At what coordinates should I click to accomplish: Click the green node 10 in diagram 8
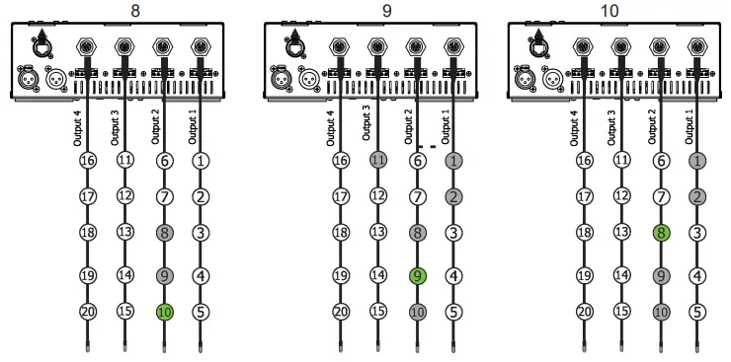164,312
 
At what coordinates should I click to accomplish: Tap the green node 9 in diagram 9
417,276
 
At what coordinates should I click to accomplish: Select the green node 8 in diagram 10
660,234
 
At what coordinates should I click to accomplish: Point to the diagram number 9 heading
387,10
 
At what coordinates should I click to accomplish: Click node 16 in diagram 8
88,160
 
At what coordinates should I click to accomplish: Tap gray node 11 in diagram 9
377,160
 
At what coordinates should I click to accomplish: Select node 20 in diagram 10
584,312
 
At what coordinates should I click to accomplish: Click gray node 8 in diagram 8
164,234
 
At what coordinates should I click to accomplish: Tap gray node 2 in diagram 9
453,197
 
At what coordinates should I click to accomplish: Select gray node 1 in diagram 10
696,160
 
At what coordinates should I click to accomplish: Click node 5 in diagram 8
201,312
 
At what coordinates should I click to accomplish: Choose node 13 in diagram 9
377,234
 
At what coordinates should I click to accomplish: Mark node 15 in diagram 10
620,312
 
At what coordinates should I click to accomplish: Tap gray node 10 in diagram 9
417,312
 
